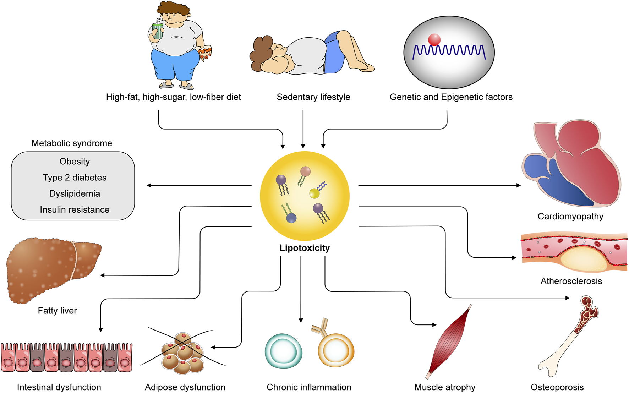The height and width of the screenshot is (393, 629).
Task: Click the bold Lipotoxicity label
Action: [305, 248]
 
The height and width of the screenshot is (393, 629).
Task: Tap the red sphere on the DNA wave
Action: [434, 39]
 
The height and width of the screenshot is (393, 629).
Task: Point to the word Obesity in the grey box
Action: [75, 162]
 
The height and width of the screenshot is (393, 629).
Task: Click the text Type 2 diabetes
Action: [75, 178]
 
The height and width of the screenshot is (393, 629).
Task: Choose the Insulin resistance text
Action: [75, 209]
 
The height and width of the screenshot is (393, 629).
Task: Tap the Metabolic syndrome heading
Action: [72, 143]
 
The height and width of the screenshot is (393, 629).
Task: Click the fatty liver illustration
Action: [53, 270]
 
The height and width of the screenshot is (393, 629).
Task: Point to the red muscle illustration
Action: [449, 341]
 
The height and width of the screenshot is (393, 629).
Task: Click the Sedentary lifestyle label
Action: [313, 97]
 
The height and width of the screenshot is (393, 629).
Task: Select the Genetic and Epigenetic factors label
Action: [451, 97]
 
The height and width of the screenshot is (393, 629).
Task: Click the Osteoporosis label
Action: [557, 387]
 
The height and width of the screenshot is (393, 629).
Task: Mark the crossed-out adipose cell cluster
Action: [183, 353]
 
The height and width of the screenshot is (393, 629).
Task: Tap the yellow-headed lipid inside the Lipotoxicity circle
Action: [314, 193]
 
